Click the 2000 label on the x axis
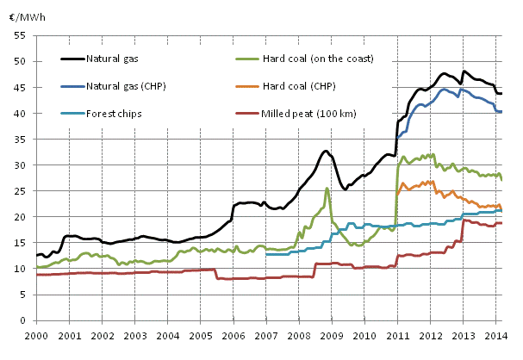(36, 334)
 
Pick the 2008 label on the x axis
(300, 334)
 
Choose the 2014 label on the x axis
(497, 334)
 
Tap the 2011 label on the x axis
(398, 334)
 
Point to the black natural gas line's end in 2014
(502, 94)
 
